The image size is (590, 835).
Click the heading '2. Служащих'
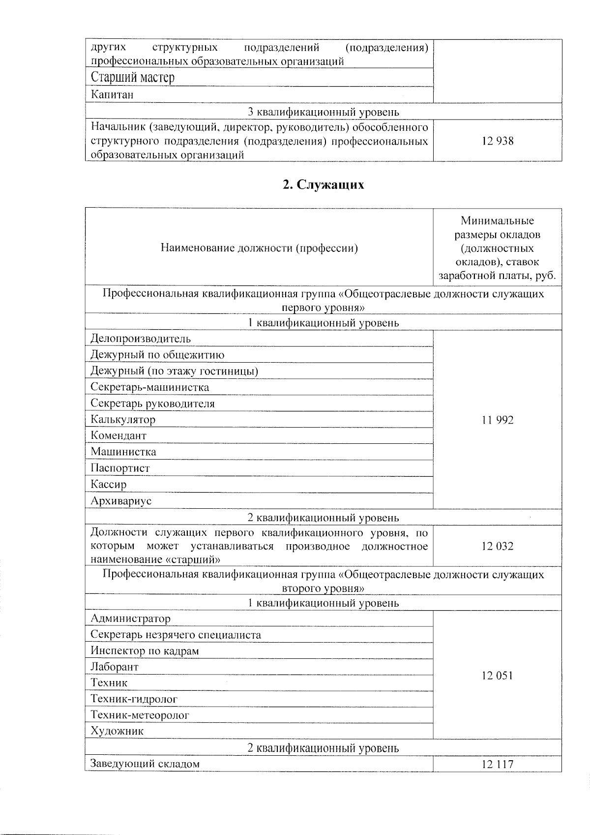coord(323,185)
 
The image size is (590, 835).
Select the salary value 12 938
coord(498,141)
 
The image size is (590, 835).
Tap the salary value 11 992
coord(498,420)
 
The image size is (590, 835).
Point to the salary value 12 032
coord(498,546)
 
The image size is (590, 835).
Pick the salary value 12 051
coord(498,676)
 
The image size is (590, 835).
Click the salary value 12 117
coord(498,764)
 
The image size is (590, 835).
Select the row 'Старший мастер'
coord(133,77)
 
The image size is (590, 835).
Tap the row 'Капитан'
coord(112,94)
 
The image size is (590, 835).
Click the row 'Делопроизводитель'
coord(141,339)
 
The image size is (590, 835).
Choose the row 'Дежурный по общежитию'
coord(157,355)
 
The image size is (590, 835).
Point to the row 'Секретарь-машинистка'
coord(149,387)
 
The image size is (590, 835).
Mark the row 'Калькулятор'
coord(123,420)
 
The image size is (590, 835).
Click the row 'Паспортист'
coord(120,468)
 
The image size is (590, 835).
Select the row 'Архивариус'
coord(121,501)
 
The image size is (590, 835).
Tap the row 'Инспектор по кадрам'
coord(145,651)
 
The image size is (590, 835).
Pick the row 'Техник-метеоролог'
coord(140,715)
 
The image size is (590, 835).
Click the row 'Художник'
coord(117,731)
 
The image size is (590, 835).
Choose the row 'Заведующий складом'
coord(145,764)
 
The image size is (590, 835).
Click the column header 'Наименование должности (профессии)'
coord(259,248)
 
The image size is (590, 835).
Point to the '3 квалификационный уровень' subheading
coord(323,112)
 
